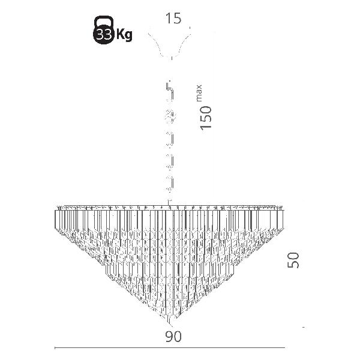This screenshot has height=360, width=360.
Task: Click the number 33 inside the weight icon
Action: [104, 35]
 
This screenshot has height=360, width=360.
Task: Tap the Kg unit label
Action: [124, 35]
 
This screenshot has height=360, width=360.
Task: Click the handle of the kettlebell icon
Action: [104, 21]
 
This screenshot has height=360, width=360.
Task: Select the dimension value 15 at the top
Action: [173, 19]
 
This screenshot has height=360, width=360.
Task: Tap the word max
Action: [199, 93]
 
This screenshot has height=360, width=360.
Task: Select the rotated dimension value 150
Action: [206, 118]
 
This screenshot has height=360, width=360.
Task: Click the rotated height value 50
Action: [293, 260]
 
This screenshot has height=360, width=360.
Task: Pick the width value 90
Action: [173, 337]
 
